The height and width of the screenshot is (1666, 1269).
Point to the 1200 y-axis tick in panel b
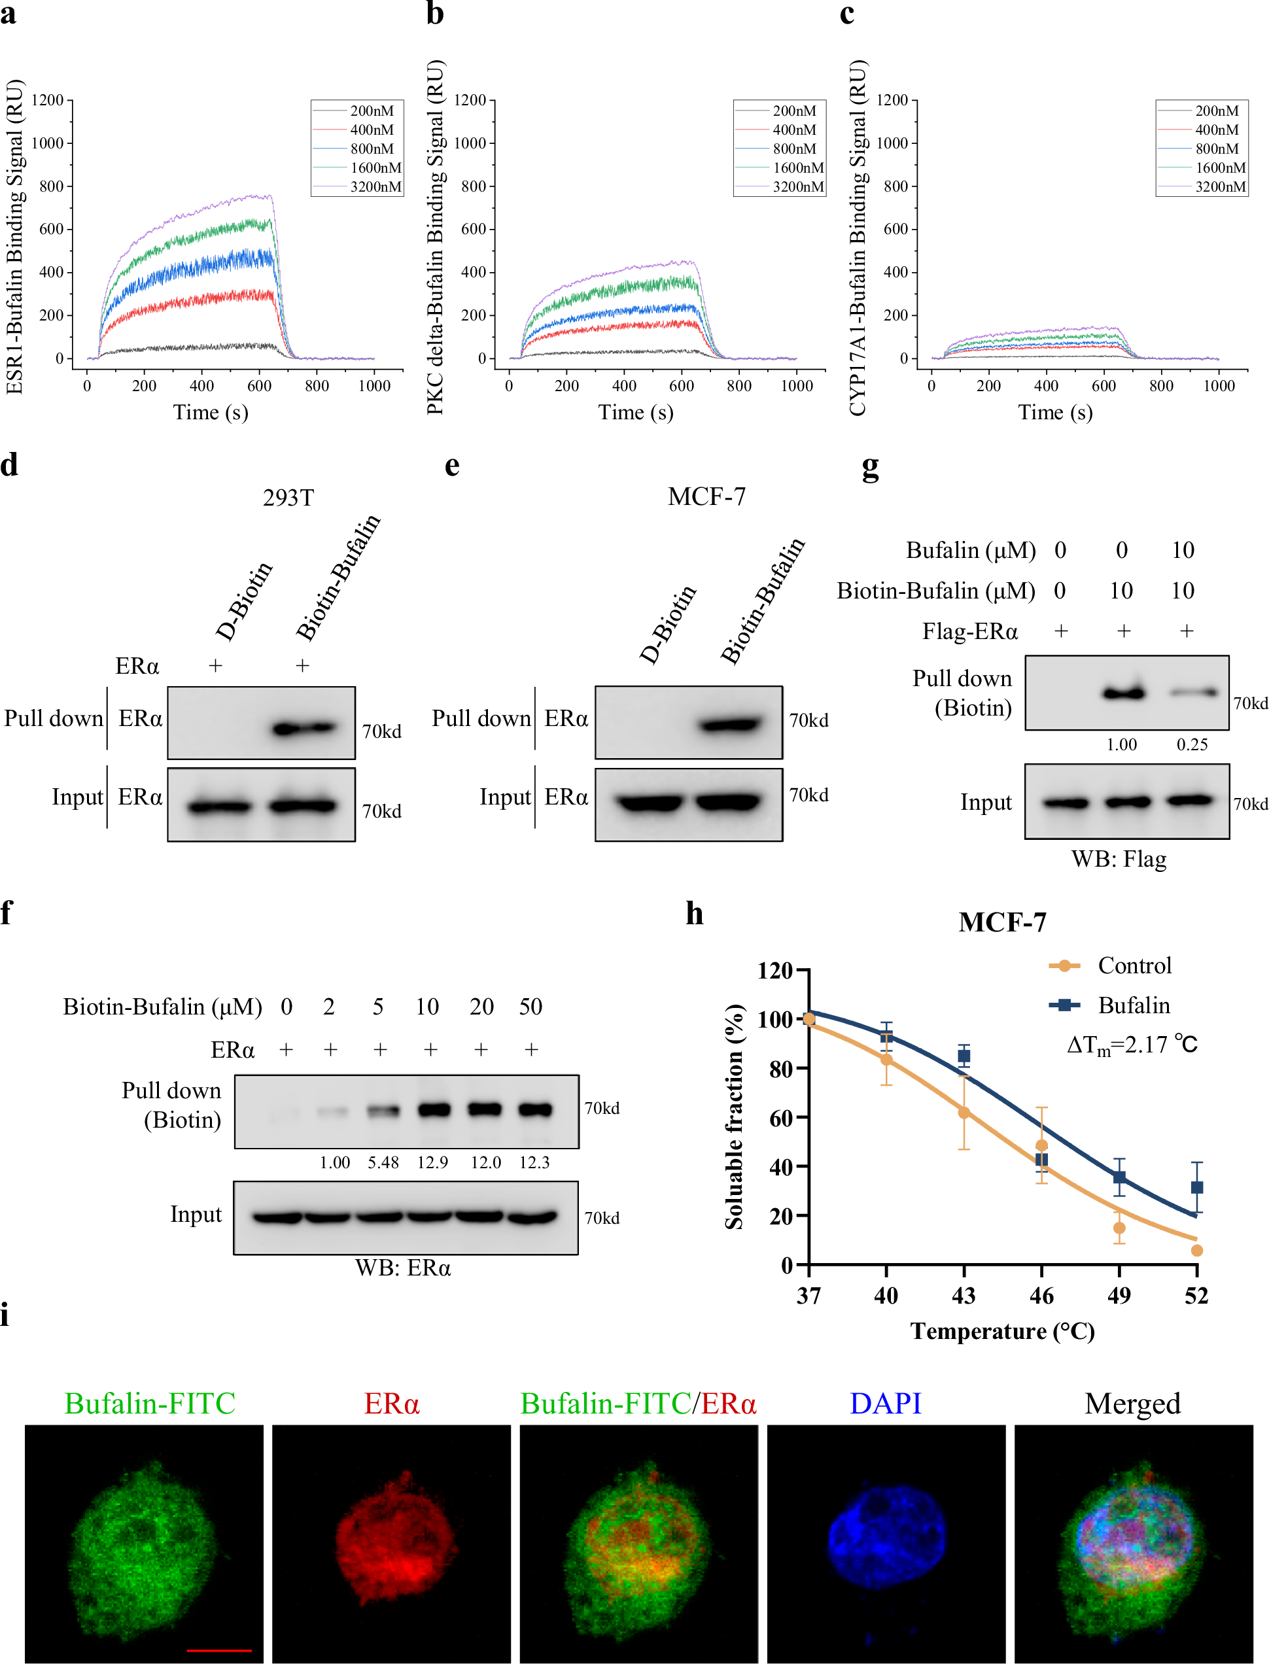coord(470,101)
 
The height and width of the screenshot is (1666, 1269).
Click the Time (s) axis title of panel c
coord(1054,412)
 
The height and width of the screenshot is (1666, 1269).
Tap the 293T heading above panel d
coord(288,498)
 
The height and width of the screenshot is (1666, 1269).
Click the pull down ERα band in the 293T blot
coord(304,729)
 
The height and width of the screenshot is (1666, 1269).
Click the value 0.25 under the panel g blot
coord(1192,744)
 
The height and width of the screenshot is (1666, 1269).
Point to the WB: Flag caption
coord(1119,859)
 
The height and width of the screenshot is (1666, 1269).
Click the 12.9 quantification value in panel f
coord(432,1162)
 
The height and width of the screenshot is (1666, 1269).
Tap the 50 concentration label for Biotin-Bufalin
coord(530,1007)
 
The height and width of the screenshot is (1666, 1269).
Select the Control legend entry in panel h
coord(1133,966)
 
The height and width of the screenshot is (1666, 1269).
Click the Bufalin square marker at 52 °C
coord(1196,1188)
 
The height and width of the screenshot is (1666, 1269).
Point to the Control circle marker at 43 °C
coord(964,1113)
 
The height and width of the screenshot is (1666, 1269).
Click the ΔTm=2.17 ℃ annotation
coord(1131,1045)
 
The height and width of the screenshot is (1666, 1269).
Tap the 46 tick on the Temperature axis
coord(1041,1296)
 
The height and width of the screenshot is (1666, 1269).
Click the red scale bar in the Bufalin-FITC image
coord(219,1650)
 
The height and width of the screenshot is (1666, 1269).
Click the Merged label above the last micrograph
coord(1132,1403)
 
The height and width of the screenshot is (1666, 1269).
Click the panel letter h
coord(694,914)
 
